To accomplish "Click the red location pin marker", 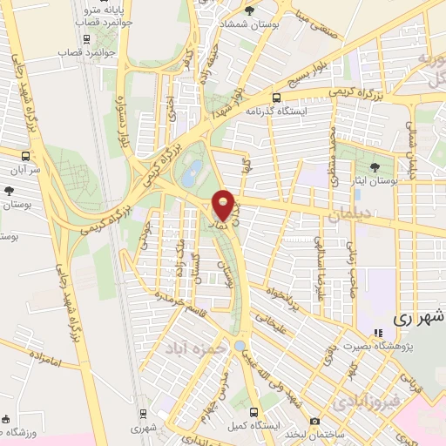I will [x=223, y=205].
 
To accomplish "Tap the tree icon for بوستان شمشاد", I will [x=250, y=10].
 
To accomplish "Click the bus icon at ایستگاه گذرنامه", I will [x=277, y=98].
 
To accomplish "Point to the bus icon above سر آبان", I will [x=25, y=157].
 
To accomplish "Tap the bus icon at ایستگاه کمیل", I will [x=253, y=412].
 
